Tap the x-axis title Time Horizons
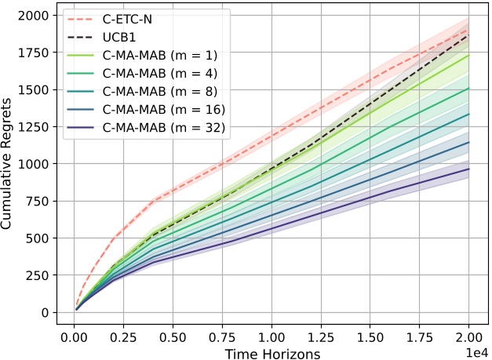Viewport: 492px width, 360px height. (x=272, y=353)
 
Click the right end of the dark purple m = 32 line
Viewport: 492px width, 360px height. (x=469, y=169)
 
